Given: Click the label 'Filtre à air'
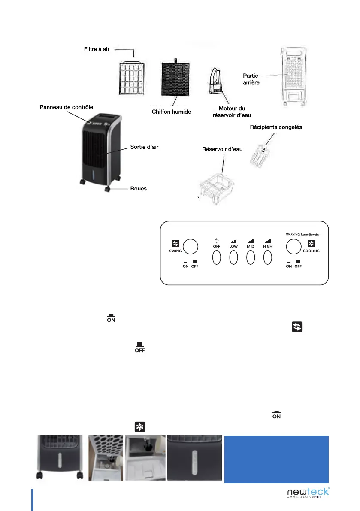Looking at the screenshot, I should click(x=97, y=50).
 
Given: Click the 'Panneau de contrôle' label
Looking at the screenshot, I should click(x=66, y=107).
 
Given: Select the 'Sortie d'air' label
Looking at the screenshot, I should click(x=144, y=147).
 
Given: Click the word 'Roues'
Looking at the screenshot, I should click(x=138, y=188).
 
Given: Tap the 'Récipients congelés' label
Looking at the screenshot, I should click(x=276, y=127).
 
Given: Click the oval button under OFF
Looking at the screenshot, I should click(x=216, y=257).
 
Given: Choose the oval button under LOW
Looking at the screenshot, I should click(x=233, y=257).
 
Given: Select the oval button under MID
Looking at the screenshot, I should click(x=251, y=257).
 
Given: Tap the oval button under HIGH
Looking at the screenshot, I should click(x=268, y=257).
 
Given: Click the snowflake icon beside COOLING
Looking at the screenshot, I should click(x=311, y=243).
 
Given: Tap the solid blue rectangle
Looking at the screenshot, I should click(x=276, y=459).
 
